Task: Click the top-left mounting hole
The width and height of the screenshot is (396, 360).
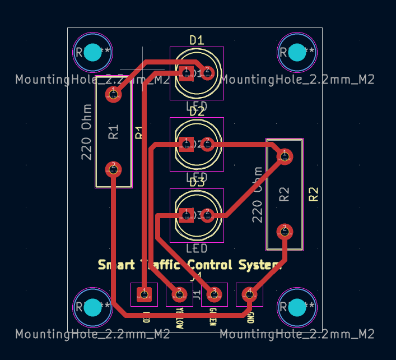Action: [93, 52]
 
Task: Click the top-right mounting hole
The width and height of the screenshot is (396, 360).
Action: [297, 52]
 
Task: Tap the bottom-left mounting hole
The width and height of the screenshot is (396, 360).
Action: [93, 307]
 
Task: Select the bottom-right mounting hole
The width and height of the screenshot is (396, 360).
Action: [297, 307]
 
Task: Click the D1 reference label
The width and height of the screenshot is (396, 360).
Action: [197, 40]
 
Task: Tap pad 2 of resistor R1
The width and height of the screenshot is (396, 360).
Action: [113, 168]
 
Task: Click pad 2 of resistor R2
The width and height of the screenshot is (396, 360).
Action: [285, 230]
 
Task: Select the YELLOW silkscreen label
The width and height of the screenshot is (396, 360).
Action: [180, 317]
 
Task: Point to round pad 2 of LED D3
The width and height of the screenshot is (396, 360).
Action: [208, 215]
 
